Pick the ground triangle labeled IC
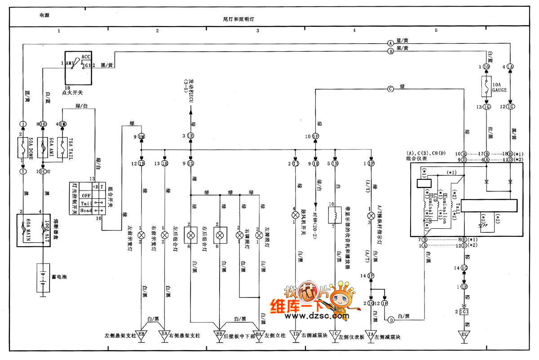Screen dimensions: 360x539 click(x=335, y=335)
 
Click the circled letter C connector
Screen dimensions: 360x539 click(x=390, y=89)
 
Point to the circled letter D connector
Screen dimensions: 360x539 click(x=391, y=320)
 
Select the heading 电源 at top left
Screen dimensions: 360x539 click(x=44, y=15)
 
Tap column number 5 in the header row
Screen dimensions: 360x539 click(x=436, y=31)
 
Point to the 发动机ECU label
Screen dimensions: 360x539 click(x=190, y=90)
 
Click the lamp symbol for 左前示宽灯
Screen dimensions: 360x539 click(x=141, y=235)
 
